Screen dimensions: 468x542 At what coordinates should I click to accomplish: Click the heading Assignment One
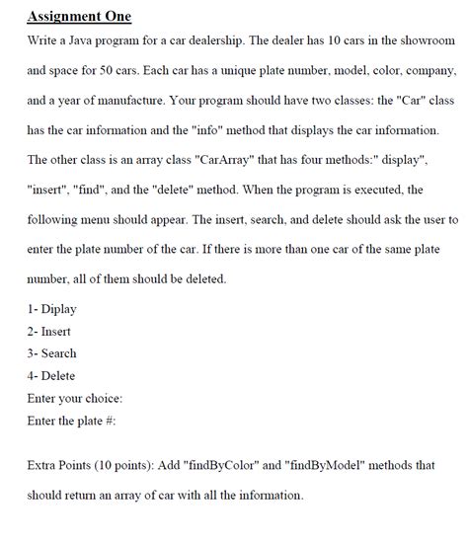80,17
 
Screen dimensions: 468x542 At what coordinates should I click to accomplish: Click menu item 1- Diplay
52,309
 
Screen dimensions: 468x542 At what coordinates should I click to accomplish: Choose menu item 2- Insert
49,331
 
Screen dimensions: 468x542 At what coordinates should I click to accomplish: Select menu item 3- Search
52,353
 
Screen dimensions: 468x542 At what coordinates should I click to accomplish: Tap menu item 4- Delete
51,375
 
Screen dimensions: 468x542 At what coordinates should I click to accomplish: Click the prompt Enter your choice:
76,398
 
